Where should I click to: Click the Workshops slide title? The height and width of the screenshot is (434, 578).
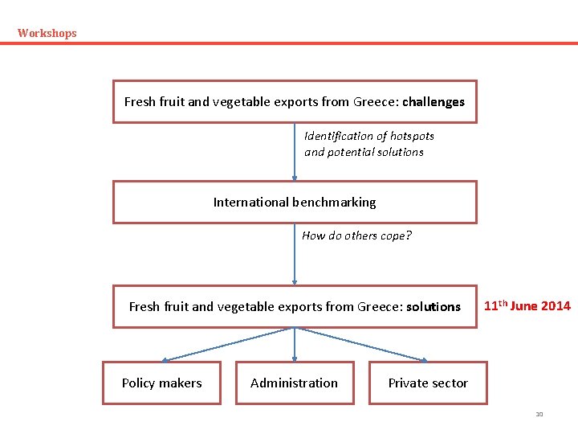tap(47, 33)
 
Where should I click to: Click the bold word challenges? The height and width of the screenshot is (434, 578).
tap(433, 102)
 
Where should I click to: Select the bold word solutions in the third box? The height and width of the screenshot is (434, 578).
tap(433, 307)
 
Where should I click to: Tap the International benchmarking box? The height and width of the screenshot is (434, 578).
tap(294, 203)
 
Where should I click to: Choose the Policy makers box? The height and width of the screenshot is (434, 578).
tap(161, 383)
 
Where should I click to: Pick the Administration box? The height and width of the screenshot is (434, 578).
tap(294, 383)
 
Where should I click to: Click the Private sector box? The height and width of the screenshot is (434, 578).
tap(427, 383)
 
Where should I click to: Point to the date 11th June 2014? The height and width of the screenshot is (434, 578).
tap(527, 305)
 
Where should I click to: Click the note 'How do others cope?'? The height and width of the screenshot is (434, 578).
tap(356, 235)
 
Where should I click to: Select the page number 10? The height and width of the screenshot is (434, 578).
tap(539, 415)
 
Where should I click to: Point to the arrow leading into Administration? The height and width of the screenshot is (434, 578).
tap(295, 346)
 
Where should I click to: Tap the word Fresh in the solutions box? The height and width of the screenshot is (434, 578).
tap(144, 307)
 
